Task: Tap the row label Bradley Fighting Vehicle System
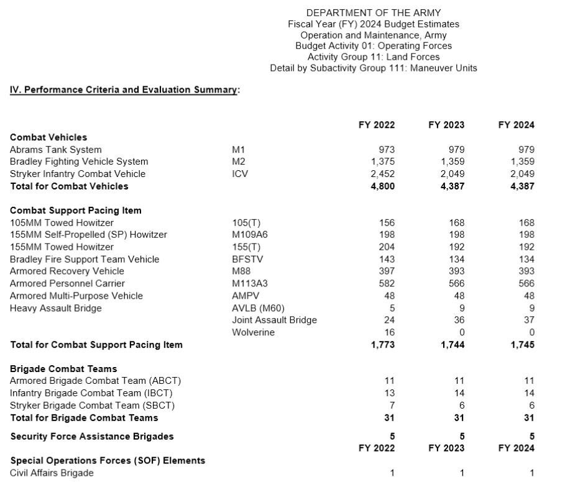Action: click(x=79, y=161)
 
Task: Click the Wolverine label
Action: click(x=253, y=332)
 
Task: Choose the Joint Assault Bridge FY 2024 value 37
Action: click(x=529, y=320)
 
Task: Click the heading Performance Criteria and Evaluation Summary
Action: click(x=124, y=90)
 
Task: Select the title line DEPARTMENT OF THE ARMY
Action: click(x=373, y=12)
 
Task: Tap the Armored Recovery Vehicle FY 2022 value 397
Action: click(x=387, y=271)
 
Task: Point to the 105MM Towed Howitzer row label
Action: click(x=62, y=222)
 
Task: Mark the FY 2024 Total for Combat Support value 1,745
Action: click(x=523, y=345)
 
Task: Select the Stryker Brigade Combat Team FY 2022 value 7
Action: click(x=392, y=406)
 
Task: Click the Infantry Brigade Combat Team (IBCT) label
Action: click(x=91, y=393)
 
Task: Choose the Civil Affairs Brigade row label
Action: click(x=52, y=473)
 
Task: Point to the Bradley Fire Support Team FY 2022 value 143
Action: click(x=387, y=260)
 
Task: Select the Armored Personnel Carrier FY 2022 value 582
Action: click(x=387, y=284)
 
